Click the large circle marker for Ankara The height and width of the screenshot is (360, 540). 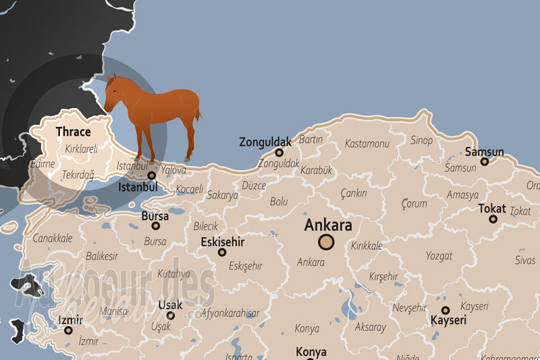326,242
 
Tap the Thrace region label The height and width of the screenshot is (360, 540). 73,132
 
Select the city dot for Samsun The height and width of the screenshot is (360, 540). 484,161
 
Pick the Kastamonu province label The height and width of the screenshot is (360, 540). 367,144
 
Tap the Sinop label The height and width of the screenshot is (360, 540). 422,140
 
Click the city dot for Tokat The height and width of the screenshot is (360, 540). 493,219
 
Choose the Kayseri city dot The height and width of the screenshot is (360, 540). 446,310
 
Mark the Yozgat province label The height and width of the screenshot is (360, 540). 439,256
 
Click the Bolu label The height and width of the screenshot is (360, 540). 279,201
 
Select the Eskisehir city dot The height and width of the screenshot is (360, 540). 222,252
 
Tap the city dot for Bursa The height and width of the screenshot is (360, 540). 155,226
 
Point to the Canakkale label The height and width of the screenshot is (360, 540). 52,238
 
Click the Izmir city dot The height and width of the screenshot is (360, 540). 68,330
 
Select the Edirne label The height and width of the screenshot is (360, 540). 43,164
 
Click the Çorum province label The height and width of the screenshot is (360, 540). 414,203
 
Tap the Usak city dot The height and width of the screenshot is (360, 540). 170,315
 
